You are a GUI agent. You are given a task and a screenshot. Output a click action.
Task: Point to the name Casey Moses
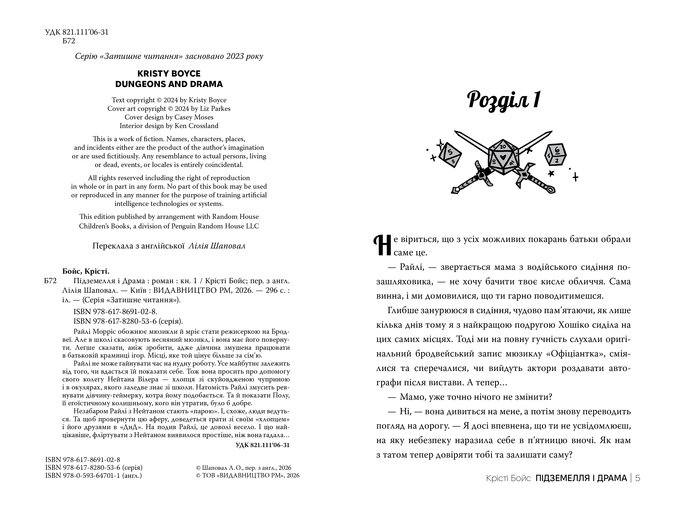[x=194, y=117]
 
